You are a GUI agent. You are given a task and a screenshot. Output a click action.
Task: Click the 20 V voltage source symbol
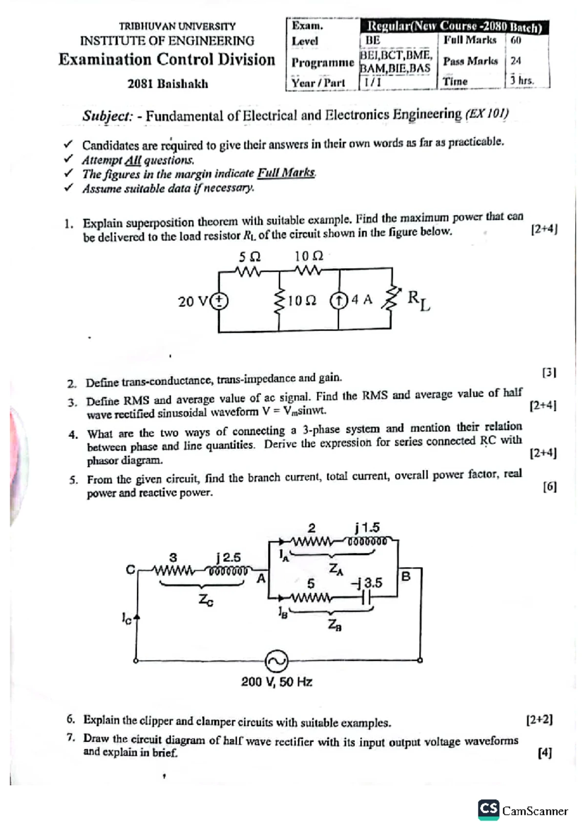coord(219,301)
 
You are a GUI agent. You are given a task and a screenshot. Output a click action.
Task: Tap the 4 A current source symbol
coord(338,300)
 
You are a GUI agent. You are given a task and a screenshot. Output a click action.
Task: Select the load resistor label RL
coord(419,300)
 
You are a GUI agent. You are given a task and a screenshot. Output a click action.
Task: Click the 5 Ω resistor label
coord(249,257)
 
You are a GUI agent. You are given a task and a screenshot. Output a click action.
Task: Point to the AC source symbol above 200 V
coord(276,661)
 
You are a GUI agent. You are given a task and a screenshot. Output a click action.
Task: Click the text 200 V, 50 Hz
coord(276,682)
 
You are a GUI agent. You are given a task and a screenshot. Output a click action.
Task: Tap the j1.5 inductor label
coord(367,527)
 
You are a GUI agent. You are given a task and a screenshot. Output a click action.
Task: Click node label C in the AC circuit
coord(130,570)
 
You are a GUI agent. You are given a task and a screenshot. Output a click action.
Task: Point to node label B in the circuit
coord(406,576)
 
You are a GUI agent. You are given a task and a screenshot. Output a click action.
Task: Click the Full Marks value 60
coord(516,40)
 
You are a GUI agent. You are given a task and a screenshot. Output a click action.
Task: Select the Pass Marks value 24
coord(516,61)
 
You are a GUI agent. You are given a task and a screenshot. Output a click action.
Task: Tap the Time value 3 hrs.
coord(522,81)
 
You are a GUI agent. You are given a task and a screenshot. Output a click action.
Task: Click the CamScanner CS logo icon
coord(488,809)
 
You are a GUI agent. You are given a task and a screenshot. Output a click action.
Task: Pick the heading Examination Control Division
coord(167,60)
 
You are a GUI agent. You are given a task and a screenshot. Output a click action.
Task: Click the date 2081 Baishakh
coord(167,84)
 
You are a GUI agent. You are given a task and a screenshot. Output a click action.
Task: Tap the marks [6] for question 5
coord(549,486)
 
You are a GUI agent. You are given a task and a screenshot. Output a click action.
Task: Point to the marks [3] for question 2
coord(549,372)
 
